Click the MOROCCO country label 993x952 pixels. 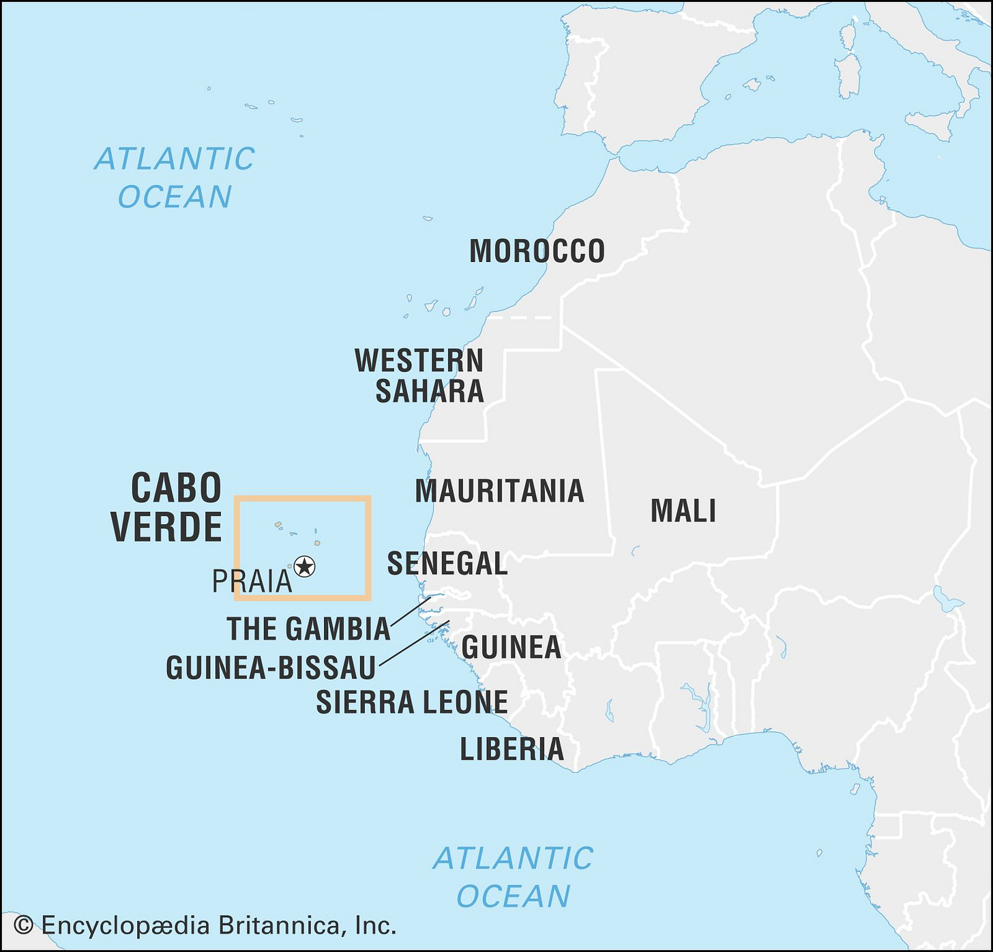[537, 251]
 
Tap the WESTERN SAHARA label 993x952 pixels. [420, 375]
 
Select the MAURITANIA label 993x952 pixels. [499, 491]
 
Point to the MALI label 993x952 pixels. [683, 510]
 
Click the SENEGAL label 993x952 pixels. [447, 564]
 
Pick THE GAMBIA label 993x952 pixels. [308, 629]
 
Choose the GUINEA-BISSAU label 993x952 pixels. [271, 667]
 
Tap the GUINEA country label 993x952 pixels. [511, 647]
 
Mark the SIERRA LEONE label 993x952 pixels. [412, 702]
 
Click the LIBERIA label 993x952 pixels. [512, 749]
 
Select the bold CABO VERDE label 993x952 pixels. [167, 507]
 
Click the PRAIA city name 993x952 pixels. [252, 581]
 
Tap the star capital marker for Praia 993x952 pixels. [304, 566]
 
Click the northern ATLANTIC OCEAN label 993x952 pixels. [175, 177]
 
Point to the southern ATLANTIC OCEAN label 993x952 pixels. [513, 877]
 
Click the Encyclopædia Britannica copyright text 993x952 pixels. [218, 925]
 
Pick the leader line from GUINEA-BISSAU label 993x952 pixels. [413, 643]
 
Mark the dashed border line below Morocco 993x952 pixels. [520, 317]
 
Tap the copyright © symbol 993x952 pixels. [23, 925]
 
